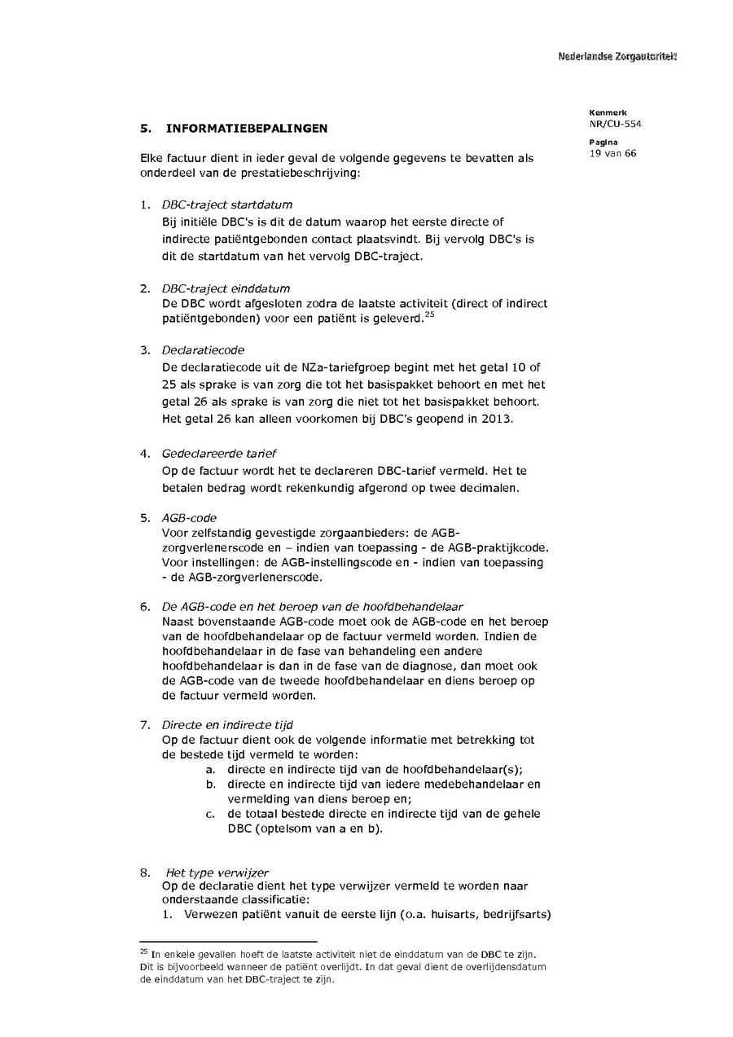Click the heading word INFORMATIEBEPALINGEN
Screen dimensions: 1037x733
[x=247, y=129]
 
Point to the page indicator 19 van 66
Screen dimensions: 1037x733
[x=612, y=153]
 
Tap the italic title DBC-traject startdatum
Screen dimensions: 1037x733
[x=227, y=204]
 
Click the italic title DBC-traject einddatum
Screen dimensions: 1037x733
[x=226, y=288]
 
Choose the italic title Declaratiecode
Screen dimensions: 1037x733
[x=203, y=350]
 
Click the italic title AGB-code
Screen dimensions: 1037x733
[x=189, y=517]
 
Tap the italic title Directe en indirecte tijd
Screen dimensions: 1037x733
[x=227, y=724]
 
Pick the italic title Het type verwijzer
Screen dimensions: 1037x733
[x=217, y=872]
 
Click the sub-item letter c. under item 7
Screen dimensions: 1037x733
[x=210, y=814]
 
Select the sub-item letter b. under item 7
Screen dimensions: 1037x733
[x=210, y=784]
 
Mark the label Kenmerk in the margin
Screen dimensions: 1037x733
[x=603, y=112]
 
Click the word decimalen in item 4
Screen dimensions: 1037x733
[x=491, y=488]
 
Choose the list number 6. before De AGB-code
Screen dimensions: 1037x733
[x=145, y=606]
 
